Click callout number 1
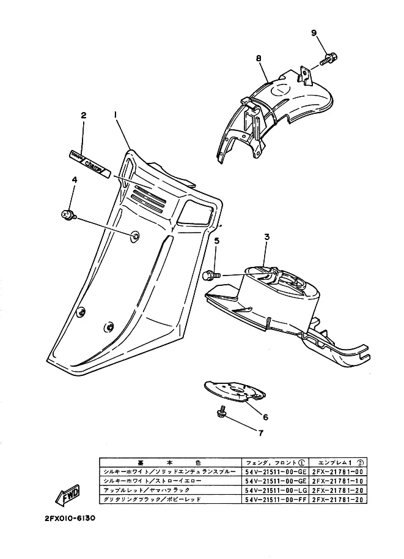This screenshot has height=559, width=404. click(114, 114)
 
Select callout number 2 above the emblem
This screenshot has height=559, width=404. click(83, 114)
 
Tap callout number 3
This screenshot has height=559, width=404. click(266, 236)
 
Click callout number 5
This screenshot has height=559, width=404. click(216, 241)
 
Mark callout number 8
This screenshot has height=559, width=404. click(259, 58)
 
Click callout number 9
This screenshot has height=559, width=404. click(314, 32)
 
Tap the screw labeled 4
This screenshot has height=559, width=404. click(67, 214)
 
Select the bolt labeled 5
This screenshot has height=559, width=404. click(210, 276)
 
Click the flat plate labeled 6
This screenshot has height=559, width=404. click(235, 391)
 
